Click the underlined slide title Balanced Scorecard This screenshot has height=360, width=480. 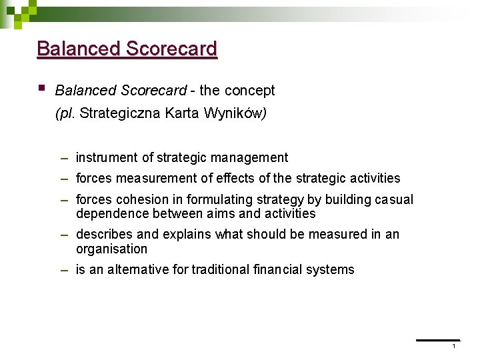coord(127,49)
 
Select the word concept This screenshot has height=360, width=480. coord(250,90)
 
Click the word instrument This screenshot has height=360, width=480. coord(107,158)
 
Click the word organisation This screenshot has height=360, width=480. coord(111,249)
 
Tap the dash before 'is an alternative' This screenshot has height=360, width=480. coord(64,270)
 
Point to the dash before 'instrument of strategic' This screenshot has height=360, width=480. coord(64,158)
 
